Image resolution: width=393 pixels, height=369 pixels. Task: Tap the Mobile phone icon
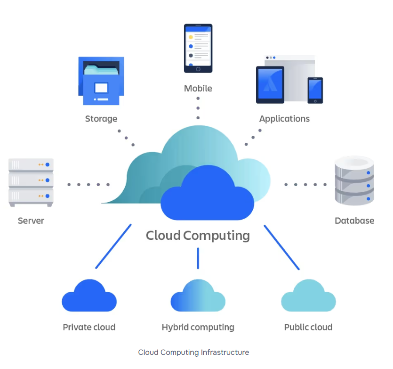click(198, 48)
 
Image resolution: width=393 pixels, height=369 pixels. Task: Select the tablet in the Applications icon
click(270, 84)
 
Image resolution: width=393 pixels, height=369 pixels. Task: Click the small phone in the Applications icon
click(315, 90)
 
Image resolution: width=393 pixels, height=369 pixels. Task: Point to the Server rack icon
click(31, 182)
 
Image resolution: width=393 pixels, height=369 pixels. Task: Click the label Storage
click(101, 119)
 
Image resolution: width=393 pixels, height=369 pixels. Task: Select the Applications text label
click(284, 119)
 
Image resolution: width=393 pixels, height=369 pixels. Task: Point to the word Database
click(354, 221)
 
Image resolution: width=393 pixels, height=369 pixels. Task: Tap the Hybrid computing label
click(198, 327)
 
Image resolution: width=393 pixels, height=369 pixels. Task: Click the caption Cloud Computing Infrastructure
click(193, 353)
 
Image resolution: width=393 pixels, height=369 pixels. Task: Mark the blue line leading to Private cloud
click(113, 246)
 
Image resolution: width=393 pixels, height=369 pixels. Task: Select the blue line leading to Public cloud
click(281, 247)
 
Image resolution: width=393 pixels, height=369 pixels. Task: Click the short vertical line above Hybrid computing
click(198, 258)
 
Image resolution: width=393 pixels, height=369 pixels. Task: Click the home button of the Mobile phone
click(198, 69)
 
